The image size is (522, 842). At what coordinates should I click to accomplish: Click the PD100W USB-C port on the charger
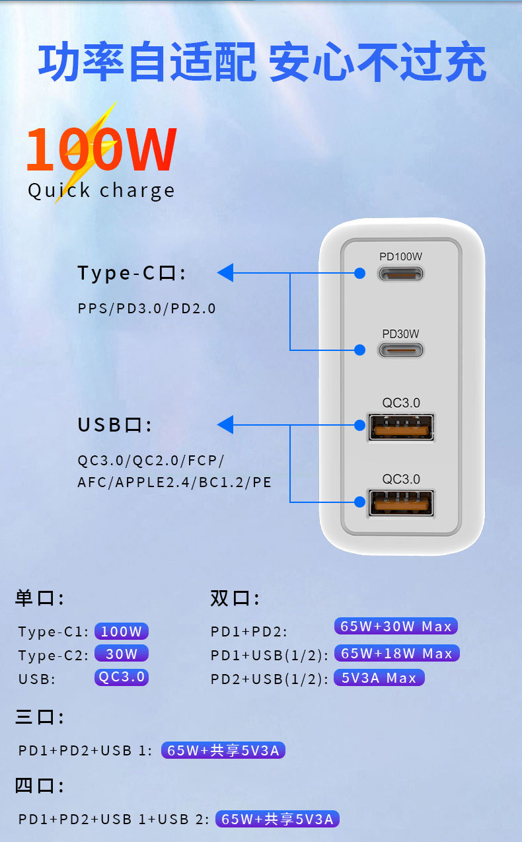[x=400, y=273]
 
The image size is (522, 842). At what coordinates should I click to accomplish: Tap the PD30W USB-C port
[x=400, y=350]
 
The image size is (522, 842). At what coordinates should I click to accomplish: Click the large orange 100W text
[x=101, y=149]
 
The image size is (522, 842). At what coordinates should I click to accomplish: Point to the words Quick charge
[x=101, y=190]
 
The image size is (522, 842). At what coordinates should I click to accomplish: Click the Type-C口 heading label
[x=131, y=273]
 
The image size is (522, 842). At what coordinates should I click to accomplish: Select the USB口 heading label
[x=114, y=425]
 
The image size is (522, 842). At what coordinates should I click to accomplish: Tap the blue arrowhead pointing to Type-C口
[x=225, y=272]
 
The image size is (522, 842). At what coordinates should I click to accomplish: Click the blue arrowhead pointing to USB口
[x=225, y=425]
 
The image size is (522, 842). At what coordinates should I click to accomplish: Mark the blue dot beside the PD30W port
[x=359, y=350]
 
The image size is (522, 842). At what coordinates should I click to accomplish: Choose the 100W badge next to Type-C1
[x=122, y=631]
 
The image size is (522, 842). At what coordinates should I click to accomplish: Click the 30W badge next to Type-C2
[x=122, y=654]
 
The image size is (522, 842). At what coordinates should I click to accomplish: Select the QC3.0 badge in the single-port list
[x=122, y=677]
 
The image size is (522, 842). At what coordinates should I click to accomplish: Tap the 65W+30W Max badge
[x=396, y=626]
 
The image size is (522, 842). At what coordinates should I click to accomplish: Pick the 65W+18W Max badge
[x=396, y=653]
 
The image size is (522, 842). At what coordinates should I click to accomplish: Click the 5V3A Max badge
[x=379, y=677]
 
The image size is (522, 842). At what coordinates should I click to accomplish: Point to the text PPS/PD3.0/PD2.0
[x=147, y=308]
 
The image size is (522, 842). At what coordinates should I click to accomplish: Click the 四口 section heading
[x=39, y=786]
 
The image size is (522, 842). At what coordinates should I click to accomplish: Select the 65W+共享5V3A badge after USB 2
[x=278, y=820]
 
